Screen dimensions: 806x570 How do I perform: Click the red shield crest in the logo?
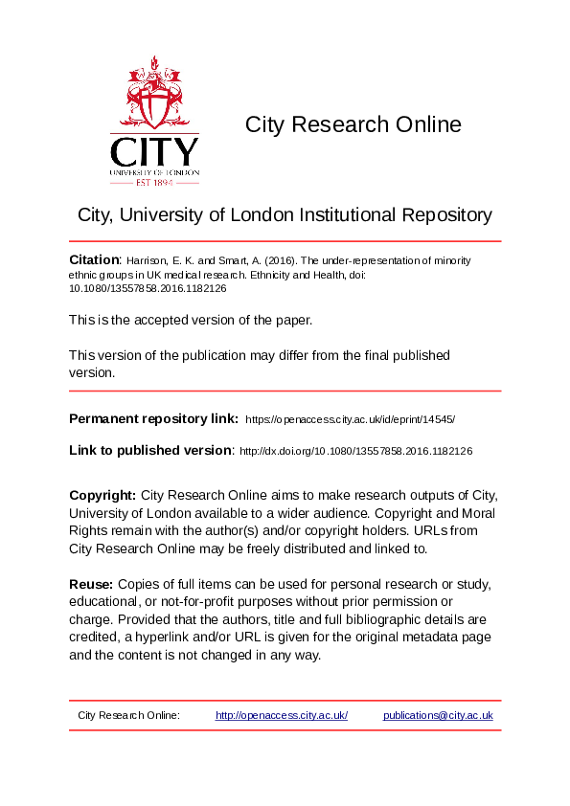154,97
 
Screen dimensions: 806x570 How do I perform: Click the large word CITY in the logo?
154,152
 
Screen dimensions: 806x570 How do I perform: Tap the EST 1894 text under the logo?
154,182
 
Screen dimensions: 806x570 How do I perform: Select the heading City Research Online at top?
353,124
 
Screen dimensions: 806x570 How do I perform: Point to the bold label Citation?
94,259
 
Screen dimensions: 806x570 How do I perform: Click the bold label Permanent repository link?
153,418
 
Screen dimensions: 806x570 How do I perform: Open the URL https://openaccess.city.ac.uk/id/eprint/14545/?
350,419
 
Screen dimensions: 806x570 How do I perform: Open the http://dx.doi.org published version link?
354,451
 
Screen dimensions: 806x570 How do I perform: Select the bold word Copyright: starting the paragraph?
103,495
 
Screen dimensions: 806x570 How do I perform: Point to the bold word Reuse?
91,584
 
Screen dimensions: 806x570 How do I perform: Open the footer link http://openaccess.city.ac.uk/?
282,716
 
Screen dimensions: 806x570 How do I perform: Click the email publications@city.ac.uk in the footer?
438,716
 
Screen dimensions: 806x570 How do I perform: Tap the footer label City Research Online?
128,716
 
